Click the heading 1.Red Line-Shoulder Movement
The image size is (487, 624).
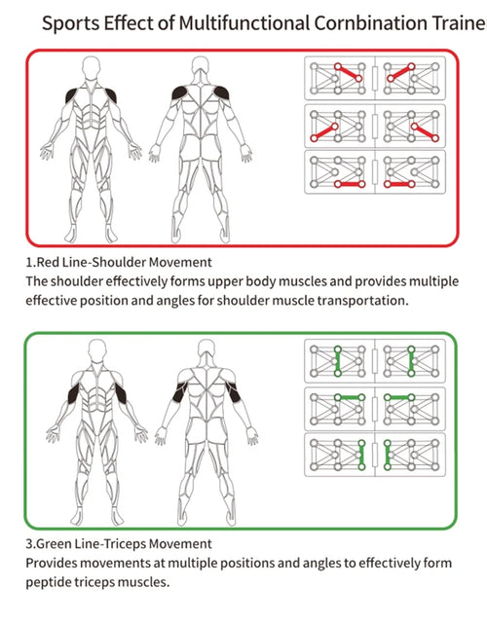point(119,262)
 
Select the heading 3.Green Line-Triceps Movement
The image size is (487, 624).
point(119,544)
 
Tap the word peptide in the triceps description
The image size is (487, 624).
point(49,582)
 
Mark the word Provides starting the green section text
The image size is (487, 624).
point(54,564)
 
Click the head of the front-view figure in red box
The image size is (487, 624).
point(91,68)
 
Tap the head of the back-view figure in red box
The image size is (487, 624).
point(203,68)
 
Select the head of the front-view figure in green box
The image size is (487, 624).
point(97,350)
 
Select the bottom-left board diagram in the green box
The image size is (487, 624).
point(340,455)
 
